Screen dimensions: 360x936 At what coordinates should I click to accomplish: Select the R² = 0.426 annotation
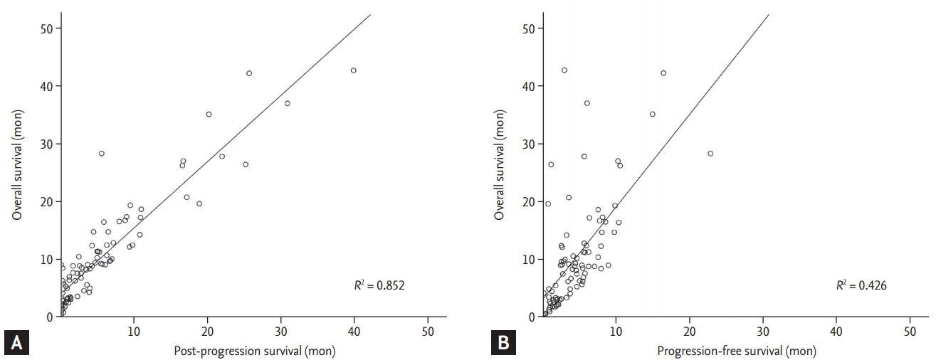point(861,285)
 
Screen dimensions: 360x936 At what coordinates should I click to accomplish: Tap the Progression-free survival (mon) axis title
point(737,350)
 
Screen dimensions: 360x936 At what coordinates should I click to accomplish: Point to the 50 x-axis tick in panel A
point(428,332)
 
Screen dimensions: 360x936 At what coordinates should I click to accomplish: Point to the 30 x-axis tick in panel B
point(762,332)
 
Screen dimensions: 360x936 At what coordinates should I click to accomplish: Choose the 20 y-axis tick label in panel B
point(529,202)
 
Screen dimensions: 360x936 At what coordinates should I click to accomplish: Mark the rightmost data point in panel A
point(354,70)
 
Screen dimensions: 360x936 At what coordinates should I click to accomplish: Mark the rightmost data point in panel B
point(710,153)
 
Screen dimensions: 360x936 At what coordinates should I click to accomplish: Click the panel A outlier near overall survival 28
point(101,153)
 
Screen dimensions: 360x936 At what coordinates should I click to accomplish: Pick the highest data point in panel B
point(564,70)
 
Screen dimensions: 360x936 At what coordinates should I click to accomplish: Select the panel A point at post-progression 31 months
point(288,103)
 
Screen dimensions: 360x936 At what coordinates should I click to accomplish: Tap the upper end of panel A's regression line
point(371,14)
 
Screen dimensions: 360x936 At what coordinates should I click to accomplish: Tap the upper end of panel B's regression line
point(769,14)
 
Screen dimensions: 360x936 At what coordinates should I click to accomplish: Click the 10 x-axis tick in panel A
point(133,332)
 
